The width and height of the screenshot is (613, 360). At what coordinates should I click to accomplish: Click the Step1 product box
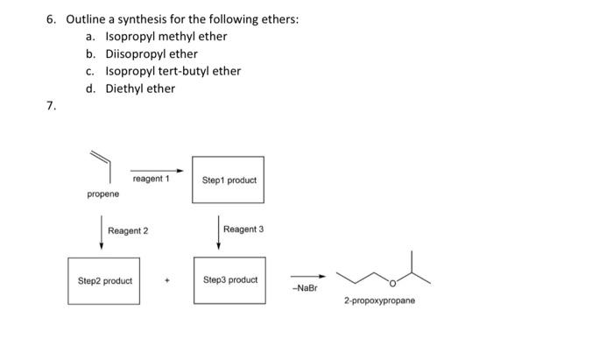229,180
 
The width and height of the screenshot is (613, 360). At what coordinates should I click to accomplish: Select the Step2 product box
104,280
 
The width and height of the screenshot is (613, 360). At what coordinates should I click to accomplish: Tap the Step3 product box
229,280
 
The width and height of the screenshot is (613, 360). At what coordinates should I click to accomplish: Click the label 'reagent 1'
150,179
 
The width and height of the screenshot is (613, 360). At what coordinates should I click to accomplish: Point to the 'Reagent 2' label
128,230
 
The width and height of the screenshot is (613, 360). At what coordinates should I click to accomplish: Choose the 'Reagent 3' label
243,229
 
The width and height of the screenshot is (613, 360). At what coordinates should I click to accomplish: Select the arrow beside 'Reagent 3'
218,231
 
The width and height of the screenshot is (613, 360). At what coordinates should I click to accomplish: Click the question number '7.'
52,106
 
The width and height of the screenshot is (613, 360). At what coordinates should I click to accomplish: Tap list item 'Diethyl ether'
140,88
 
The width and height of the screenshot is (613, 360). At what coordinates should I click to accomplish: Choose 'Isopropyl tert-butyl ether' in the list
173,71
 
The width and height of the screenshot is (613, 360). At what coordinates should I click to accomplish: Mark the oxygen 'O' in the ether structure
393,283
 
